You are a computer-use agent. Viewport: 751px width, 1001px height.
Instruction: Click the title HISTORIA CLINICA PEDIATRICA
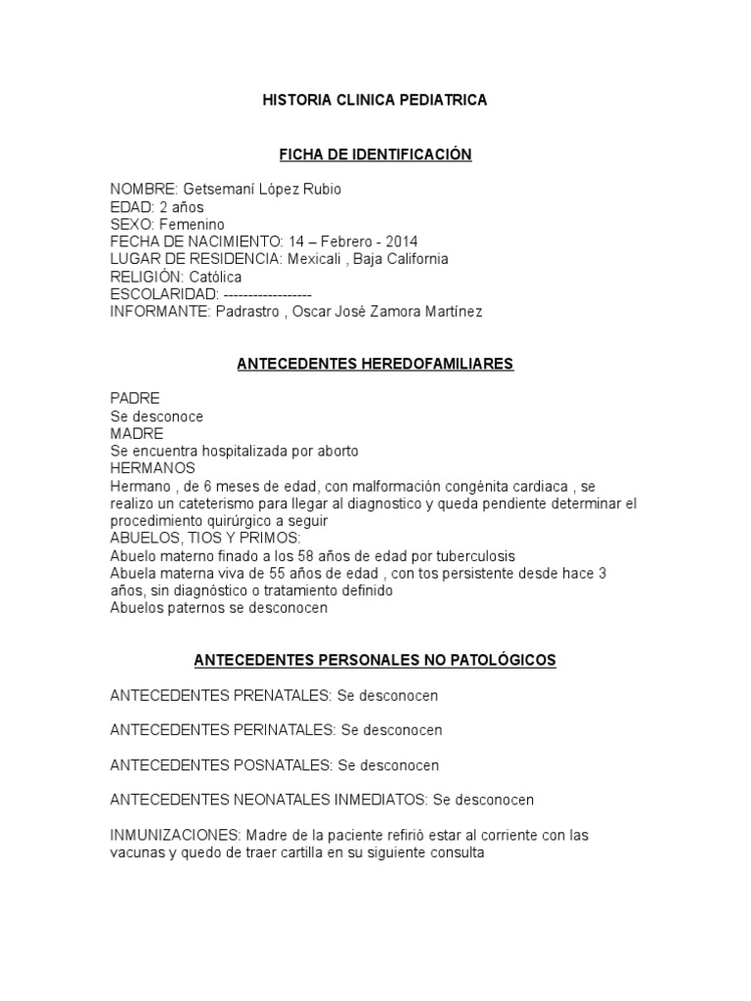click(375, 101)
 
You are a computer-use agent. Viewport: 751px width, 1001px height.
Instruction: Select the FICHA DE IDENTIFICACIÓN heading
click(375, 154)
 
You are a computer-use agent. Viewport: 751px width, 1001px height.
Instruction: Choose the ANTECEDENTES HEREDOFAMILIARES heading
click(375, 365)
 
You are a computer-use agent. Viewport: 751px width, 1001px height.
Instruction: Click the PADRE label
click(135, 399)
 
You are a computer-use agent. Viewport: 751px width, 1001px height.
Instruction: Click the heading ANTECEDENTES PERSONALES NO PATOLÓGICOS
click(375, 661)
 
